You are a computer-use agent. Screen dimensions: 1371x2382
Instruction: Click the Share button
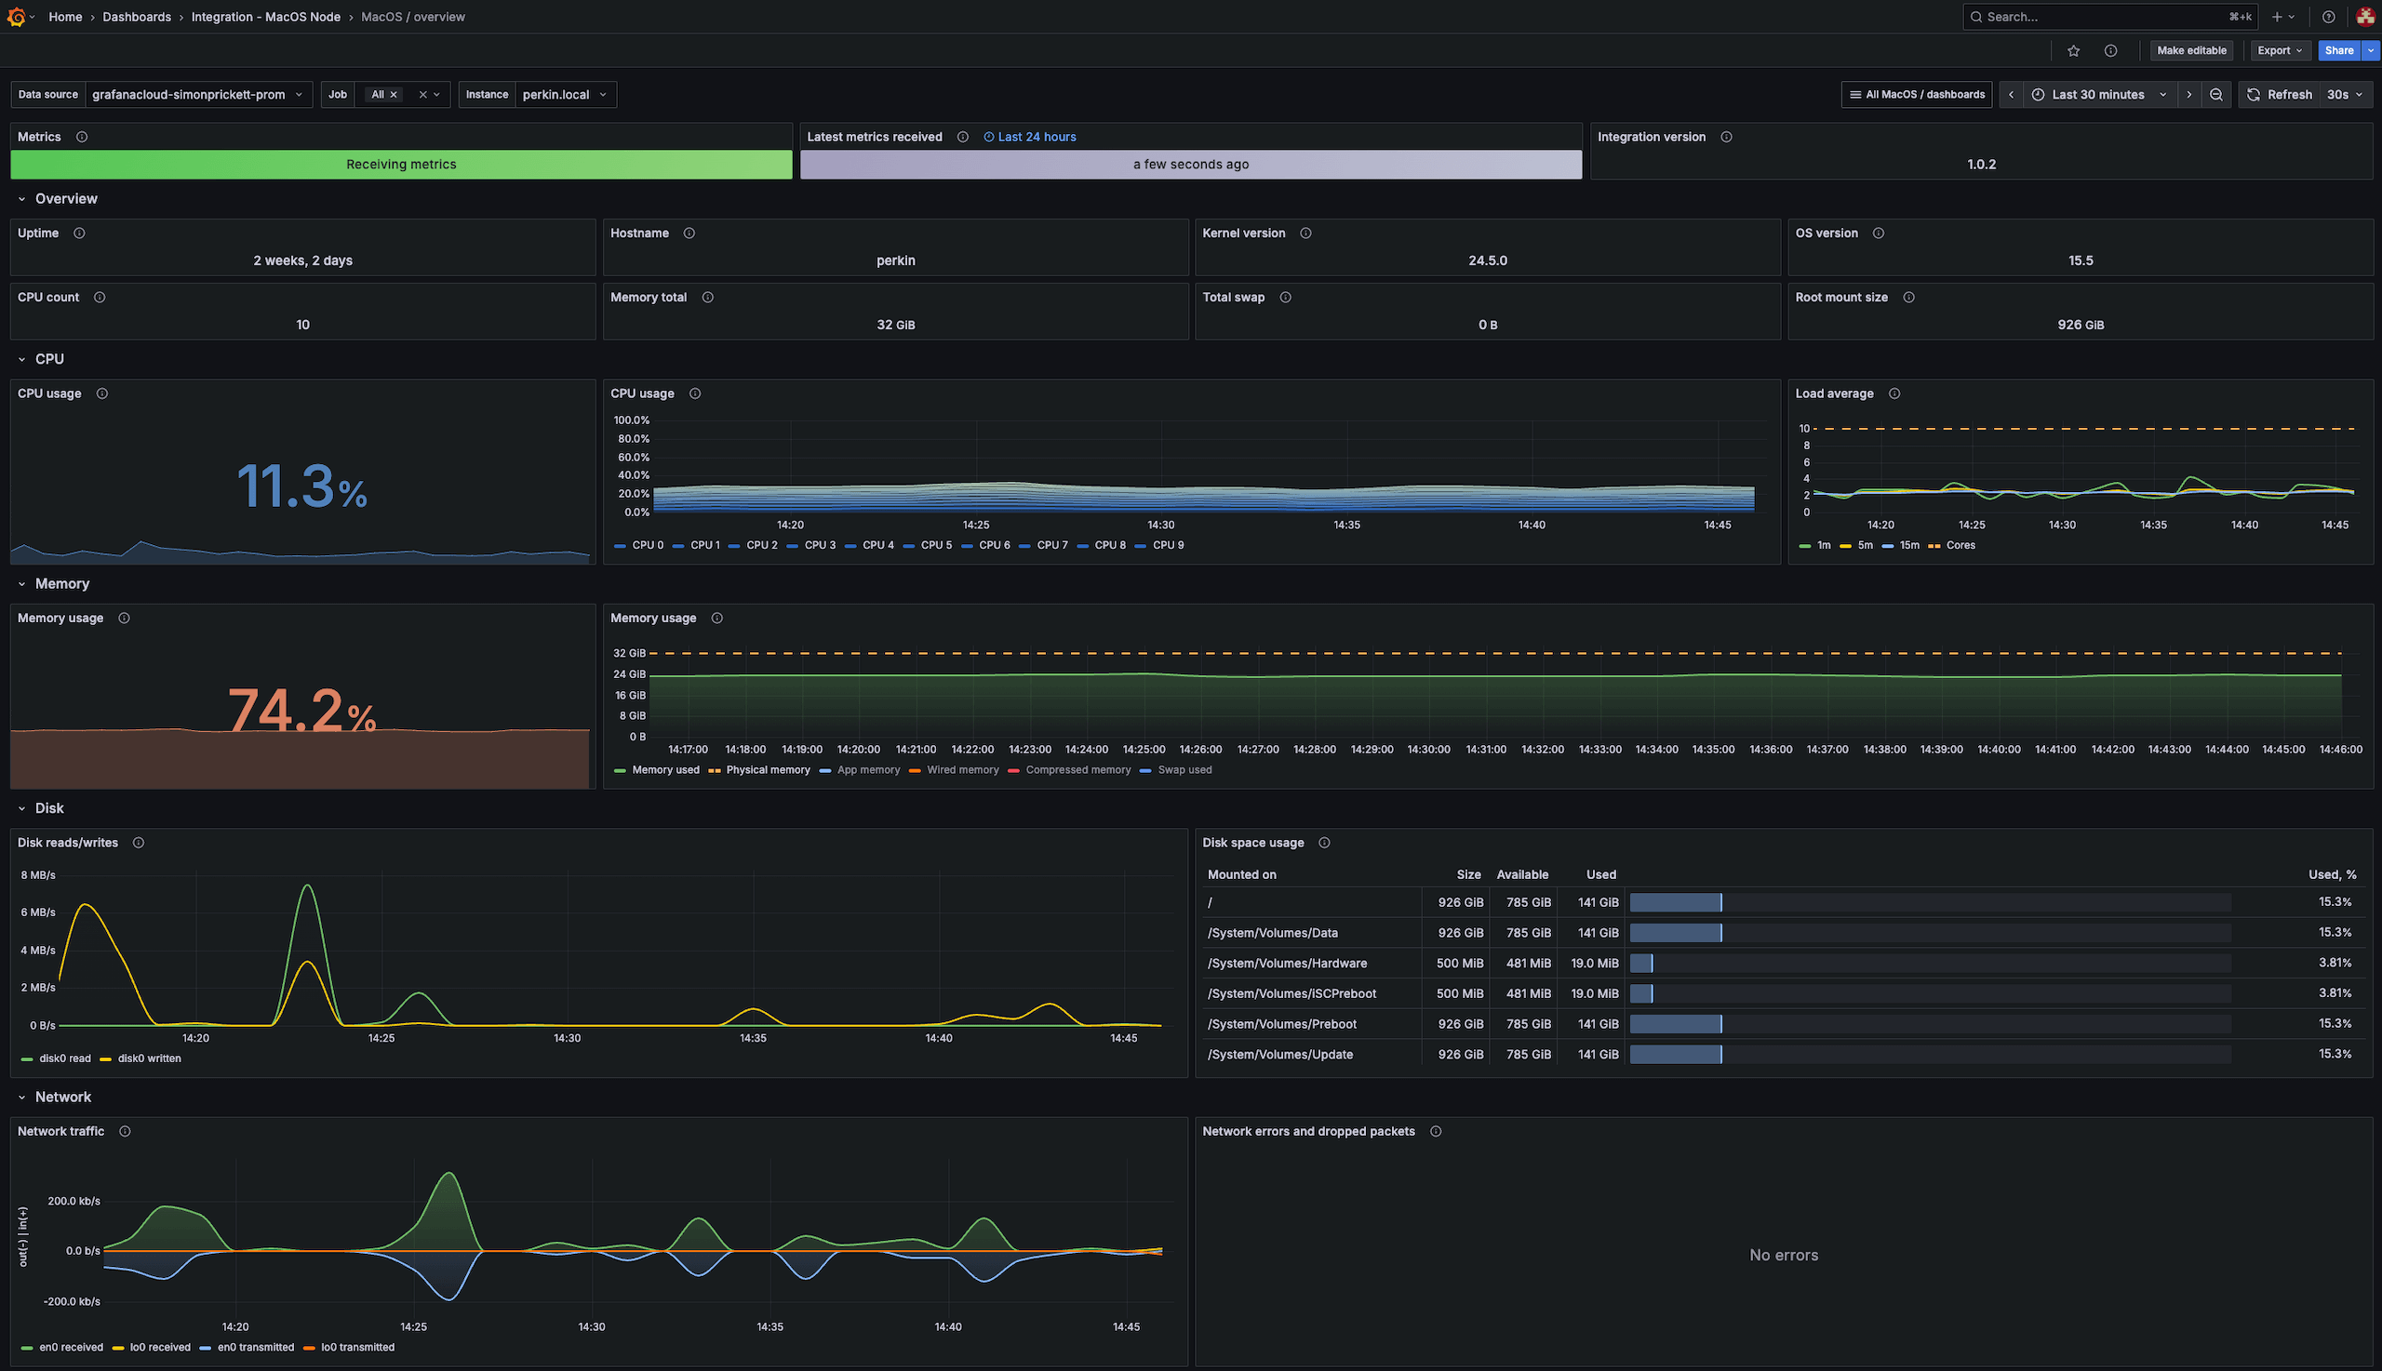tap(2337, 51)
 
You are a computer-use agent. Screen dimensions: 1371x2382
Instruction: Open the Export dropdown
tap(2279, 51)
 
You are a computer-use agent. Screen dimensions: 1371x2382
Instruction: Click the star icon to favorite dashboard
tap(2073, 51)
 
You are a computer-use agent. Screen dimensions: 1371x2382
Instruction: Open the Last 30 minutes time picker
tap(2098, 94)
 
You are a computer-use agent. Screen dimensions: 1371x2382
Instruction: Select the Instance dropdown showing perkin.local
tap(563, 94)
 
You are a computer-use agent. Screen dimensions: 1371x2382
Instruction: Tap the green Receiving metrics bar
tap(401, 164)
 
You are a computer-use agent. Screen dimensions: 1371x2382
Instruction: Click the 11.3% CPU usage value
tap(301, 486)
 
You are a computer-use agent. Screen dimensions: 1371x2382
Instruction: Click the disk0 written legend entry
tap(149, 1058)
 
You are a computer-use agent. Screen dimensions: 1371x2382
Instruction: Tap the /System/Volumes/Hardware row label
tap(1287, 964)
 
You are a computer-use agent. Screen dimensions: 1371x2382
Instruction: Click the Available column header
tap(1521, 874)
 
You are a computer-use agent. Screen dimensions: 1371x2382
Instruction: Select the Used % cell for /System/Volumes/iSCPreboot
tap(2334, 992)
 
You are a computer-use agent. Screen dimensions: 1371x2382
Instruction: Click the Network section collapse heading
tap(62, 1097)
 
